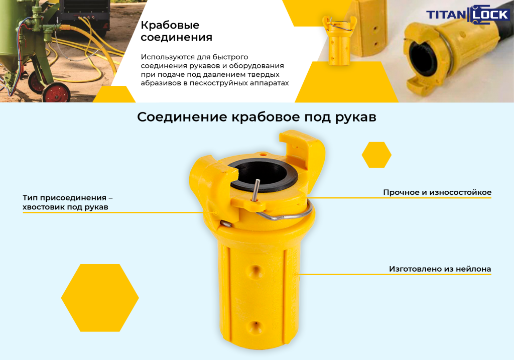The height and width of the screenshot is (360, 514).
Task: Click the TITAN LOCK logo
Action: (468, 15)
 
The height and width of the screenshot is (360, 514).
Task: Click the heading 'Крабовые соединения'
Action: (176, 31)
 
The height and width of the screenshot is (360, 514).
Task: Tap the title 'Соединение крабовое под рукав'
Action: (256, 117)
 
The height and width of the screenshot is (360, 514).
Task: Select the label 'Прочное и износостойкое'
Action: (437, 192)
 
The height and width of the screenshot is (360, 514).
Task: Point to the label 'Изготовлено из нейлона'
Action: (440, 269)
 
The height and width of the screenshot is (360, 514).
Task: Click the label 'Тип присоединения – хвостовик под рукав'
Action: (68, 202)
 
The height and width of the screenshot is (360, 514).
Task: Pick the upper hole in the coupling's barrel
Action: (255, 271)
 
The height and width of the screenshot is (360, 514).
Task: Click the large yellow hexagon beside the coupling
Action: (100, 298)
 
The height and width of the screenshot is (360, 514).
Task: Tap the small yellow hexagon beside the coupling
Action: (376, 155)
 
